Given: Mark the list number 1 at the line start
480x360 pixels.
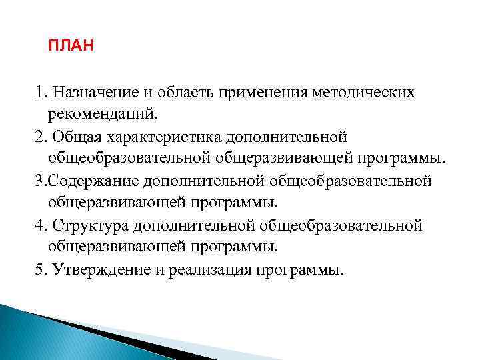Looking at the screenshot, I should pyautogui.click(x=40, y=91).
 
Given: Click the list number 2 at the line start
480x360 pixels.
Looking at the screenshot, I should pyautogui.click(x=40, y=136).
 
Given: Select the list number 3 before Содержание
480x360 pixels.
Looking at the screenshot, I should pyautogui.click(x=40, y=181).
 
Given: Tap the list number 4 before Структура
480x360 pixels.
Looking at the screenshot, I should pyautogui.click(x=40, y=225).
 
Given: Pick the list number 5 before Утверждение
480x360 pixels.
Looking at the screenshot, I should pyautogui.click(x=40, y=269).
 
